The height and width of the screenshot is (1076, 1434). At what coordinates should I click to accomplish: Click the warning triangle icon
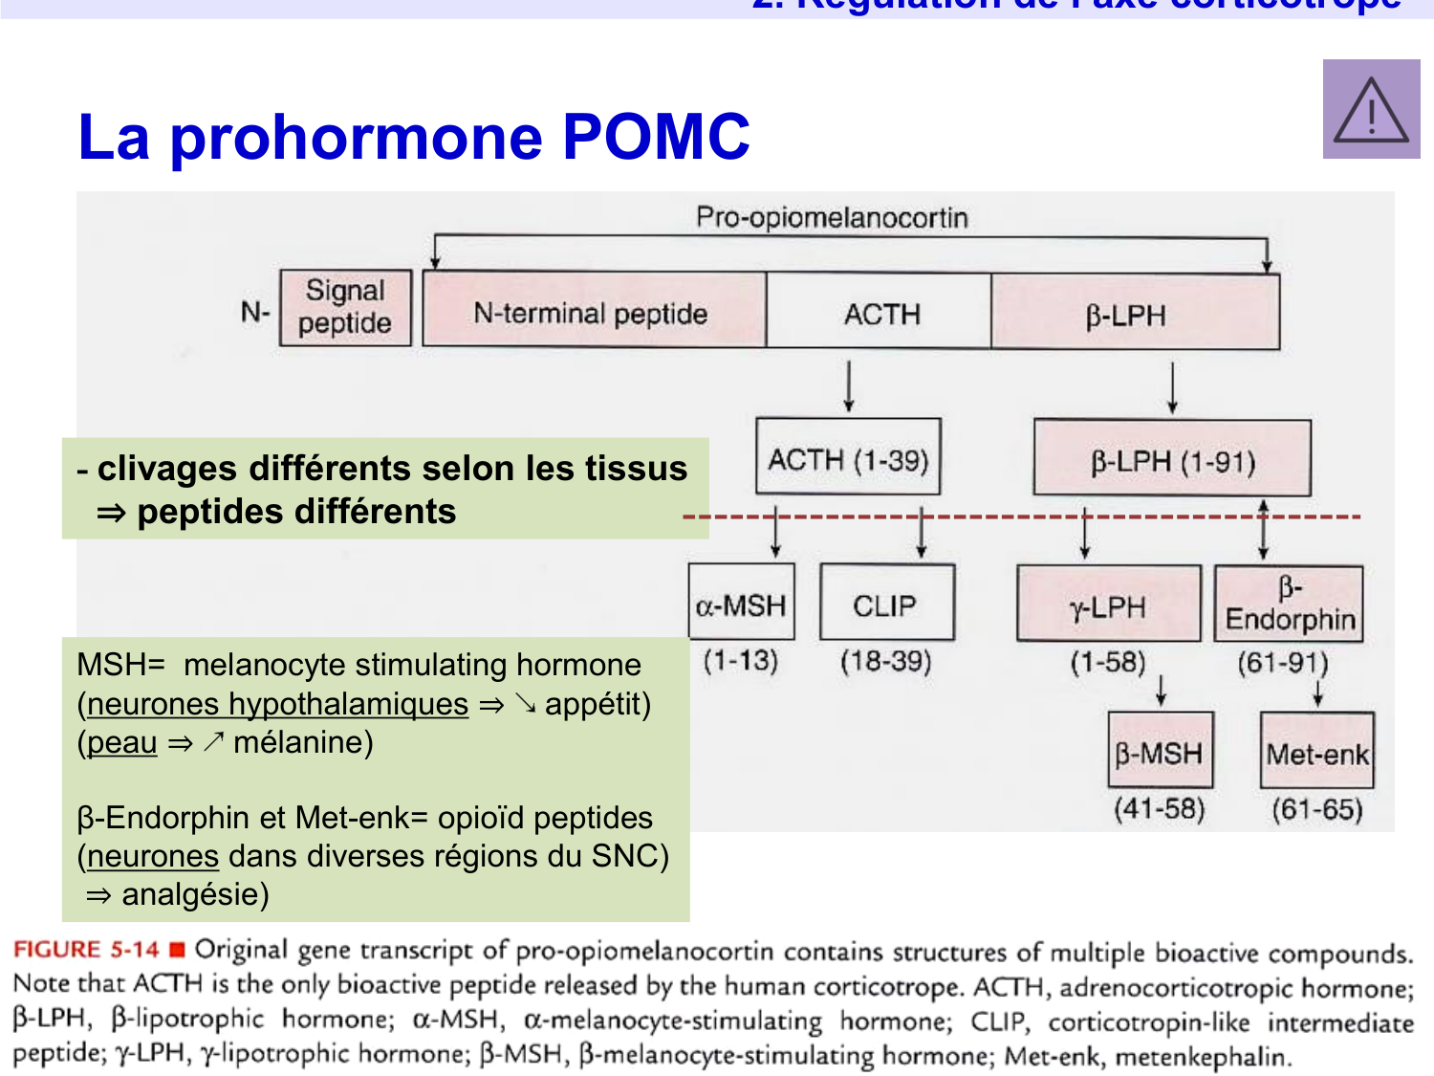click(1371, 110)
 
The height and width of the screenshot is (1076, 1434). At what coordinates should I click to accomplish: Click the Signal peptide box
click(345, 307)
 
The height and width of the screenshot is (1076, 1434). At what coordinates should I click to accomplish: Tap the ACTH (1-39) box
click(848, 457)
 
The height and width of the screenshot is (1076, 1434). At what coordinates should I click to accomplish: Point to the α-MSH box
click(741, 603)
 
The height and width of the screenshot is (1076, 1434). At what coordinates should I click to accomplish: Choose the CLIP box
click(886, 603)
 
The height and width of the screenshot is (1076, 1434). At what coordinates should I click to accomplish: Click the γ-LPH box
click(1108, 604)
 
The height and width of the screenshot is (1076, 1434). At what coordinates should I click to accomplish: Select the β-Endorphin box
click(1289, 604)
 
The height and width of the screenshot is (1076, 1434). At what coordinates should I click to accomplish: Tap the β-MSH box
click(1160, 752)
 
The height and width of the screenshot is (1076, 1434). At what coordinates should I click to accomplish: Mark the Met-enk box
click(1317, 752)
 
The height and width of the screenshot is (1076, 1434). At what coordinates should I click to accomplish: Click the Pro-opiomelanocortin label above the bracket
click(832, 217)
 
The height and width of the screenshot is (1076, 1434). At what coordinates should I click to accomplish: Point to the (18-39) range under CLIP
click(886, 661)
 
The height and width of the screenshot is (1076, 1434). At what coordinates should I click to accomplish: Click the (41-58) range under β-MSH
click(1160, 809)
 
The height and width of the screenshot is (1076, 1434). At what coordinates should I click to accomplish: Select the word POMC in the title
click(656, 137)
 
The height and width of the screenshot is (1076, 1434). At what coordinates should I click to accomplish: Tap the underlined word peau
click(121, 742)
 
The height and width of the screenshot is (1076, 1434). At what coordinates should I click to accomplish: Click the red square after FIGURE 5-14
click(177, 950)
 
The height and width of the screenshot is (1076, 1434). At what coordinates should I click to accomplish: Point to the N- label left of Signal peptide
click(255, 312)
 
